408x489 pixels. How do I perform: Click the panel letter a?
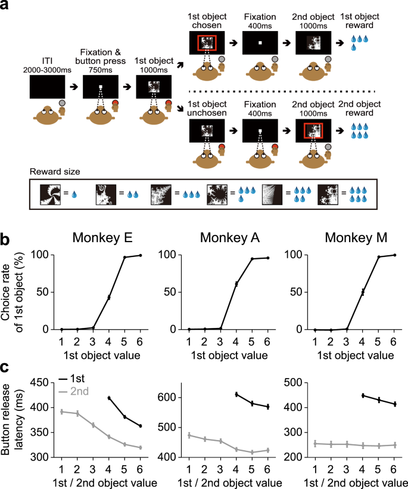[5, 7]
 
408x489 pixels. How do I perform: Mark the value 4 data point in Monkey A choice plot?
[236, 284]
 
